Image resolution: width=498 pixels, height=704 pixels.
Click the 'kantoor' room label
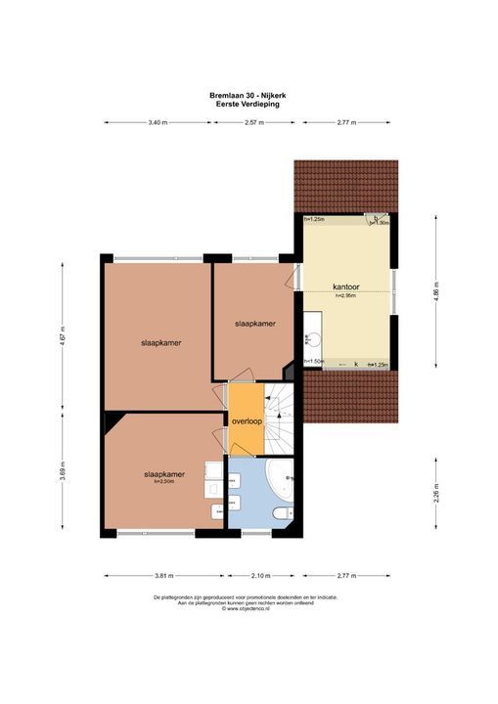346,287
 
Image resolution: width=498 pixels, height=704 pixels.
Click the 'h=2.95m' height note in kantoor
346,295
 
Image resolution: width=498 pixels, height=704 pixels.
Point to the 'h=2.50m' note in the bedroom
163,481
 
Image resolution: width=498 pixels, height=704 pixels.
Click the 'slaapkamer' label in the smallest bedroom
254,324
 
